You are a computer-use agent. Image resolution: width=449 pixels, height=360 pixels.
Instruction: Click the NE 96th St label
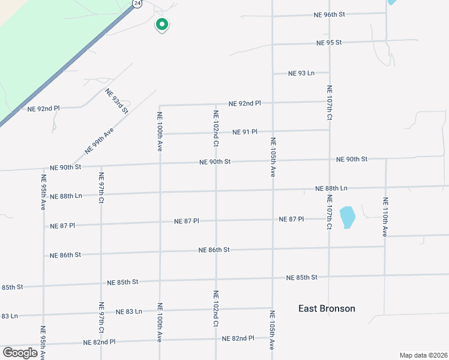tap(330, 14)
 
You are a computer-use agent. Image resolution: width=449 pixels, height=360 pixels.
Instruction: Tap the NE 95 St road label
tap(329, 43)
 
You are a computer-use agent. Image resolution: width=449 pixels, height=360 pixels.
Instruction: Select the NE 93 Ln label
tap(301, 73)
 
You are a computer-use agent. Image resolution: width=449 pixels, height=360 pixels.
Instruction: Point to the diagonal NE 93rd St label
tap(117, 101)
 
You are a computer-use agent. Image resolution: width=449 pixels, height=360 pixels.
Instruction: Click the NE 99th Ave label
tap(99, 140)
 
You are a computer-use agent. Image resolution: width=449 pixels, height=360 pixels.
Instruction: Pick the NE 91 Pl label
tap(245, 132)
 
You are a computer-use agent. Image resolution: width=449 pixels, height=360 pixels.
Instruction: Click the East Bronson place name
tap(327, 308)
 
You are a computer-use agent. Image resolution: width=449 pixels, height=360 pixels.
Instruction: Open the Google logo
tap(20, 353)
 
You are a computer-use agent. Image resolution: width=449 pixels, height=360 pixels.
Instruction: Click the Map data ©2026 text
tap(424, 355)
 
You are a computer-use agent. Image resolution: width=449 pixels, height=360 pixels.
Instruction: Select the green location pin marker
tap(161, 25)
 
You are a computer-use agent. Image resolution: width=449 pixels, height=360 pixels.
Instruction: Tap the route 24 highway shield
tap(137, 4)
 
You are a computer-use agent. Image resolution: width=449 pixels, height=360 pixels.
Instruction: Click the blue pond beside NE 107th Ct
tap(347, 217)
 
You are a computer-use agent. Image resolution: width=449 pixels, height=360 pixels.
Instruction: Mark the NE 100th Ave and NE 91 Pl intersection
tap(160, 133)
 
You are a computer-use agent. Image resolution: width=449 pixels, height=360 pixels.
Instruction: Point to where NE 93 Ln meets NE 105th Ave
tap(273, 73)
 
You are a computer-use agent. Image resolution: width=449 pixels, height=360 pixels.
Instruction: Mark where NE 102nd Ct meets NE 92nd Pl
tap(216, 104)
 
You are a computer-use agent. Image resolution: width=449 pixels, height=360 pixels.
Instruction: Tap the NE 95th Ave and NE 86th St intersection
tap(43, 255)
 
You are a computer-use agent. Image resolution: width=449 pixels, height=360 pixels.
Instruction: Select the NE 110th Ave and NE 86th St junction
tap(385, 246)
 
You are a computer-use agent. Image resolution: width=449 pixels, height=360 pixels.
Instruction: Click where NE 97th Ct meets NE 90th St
tap(101, 166)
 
